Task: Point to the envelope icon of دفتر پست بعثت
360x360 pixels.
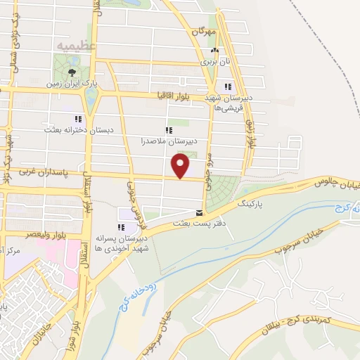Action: tap(200, 213)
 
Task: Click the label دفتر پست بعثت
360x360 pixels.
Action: tap(200, 224)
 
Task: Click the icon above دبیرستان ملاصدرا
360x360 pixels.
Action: tap(168, 130)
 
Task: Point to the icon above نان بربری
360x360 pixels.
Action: tap(214, 51)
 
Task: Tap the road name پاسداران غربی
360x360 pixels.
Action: tap(41, 172)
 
